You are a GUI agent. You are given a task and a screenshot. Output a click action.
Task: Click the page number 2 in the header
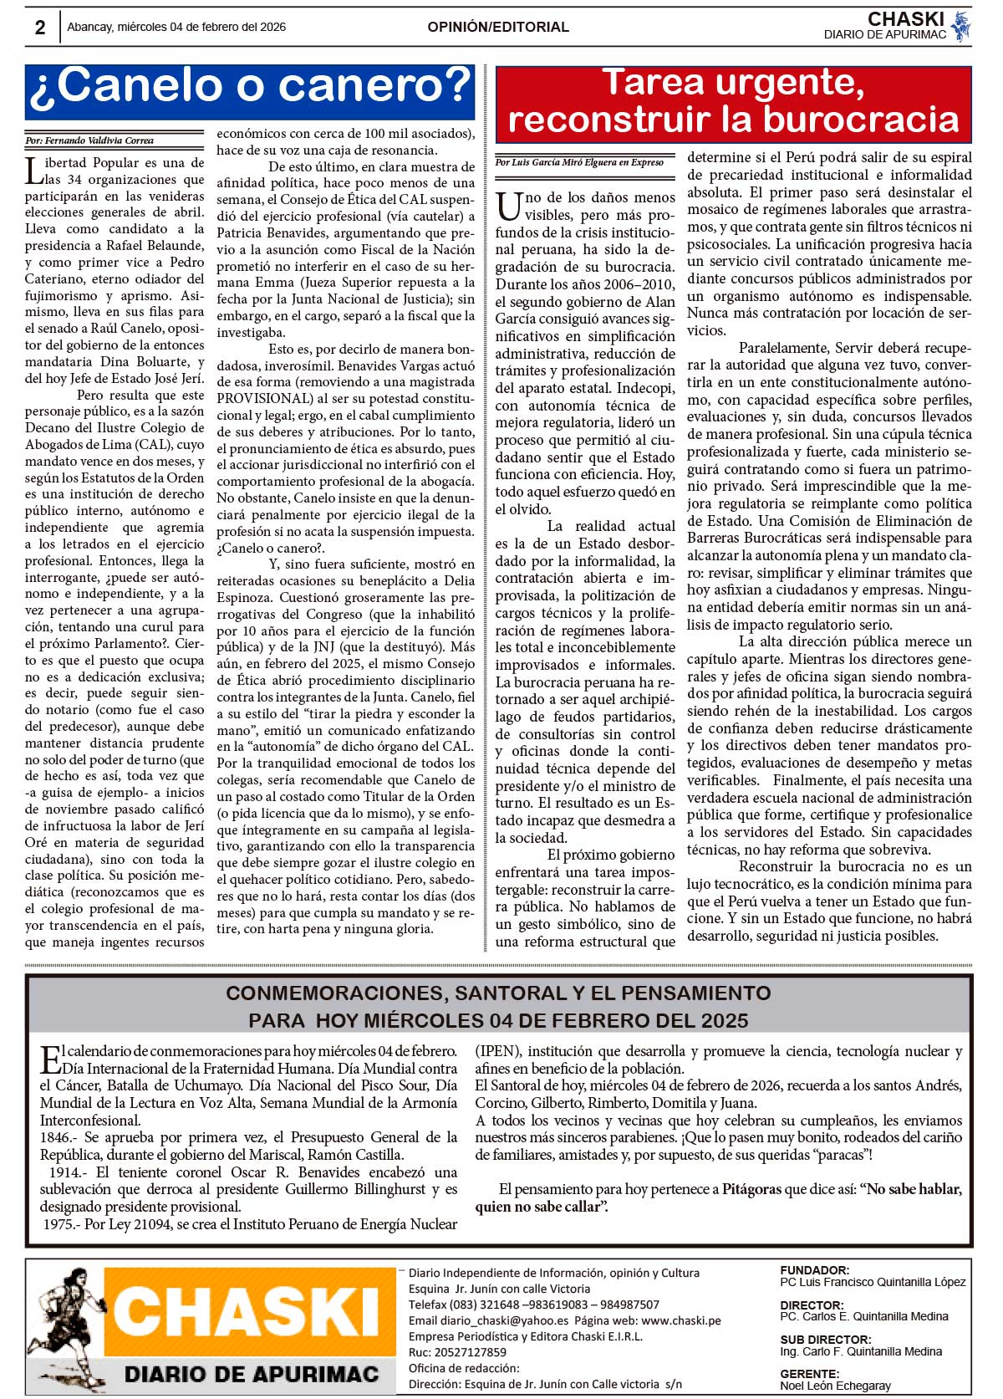40,28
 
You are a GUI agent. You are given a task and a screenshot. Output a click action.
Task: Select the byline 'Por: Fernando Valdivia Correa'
89,140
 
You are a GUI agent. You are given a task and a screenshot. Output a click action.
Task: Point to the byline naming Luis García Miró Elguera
579,162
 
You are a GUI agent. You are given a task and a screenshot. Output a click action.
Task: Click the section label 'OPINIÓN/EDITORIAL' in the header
498,27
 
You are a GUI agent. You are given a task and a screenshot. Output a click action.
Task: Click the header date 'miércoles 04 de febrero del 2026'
201,27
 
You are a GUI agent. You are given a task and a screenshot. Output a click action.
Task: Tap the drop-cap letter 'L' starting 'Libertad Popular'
34,171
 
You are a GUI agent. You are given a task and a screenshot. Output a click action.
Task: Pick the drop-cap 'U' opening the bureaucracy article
508,206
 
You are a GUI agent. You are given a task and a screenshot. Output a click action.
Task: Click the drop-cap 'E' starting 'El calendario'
50,1059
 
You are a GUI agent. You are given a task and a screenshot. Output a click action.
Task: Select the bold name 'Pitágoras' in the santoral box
751,1189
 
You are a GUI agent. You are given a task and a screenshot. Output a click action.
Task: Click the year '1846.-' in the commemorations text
59,1137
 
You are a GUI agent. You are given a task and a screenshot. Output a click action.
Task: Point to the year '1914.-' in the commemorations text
68,1172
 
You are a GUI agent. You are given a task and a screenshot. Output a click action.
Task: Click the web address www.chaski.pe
680,1320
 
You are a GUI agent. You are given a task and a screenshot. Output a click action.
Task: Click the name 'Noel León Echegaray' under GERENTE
835,1386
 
